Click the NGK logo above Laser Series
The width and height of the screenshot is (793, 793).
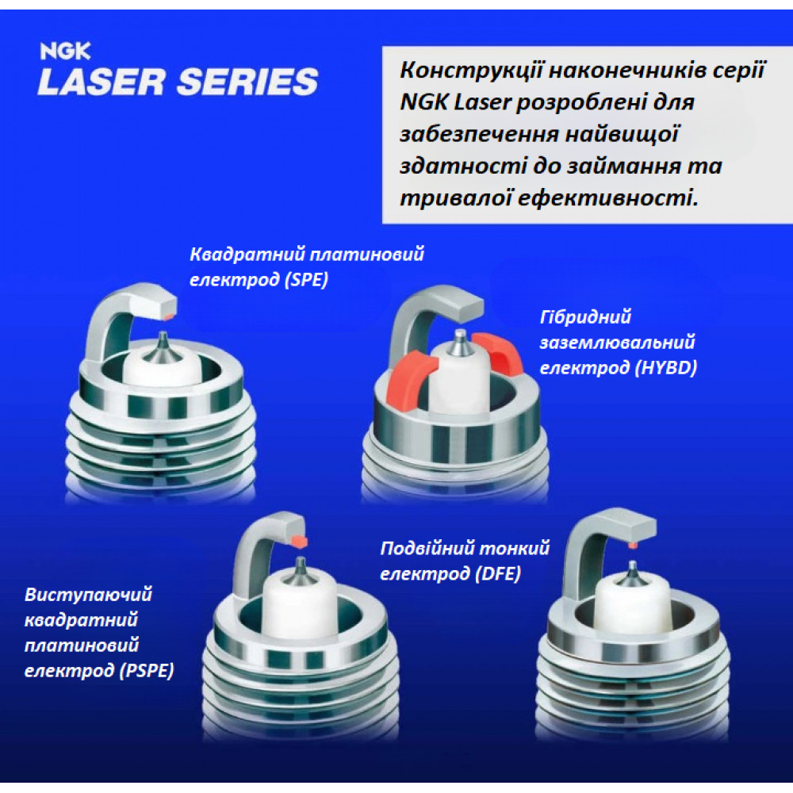point(65,51)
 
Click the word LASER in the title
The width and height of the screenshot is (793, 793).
point(102,82)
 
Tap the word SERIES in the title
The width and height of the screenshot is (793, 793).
point(247,82)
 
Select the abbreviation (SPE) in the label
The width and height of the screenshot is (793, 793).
point(306,279)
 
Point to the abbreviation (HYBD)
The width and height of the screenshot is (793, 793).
point(666,367)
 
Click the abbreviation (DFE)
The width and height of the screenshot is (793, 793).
point(498,573)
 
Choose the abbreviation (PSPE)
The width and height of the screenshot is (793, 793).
point(147,671)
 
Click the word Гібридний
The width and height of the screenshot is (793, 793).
point(586,317)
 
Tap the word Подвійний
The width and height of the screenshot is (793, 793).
point(427,548)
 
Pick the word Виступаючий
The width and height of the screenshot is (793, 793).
point(89,594)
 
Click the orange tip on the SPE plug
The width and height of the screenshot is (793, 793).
point(169,316)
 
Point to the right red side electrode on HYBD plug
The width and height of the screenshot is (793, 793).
point(498,353)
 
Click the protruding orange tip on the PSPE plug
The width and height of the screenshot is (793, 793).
point(299,541)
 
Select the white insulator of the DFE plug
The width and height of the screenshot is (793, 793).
point(632,605)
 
